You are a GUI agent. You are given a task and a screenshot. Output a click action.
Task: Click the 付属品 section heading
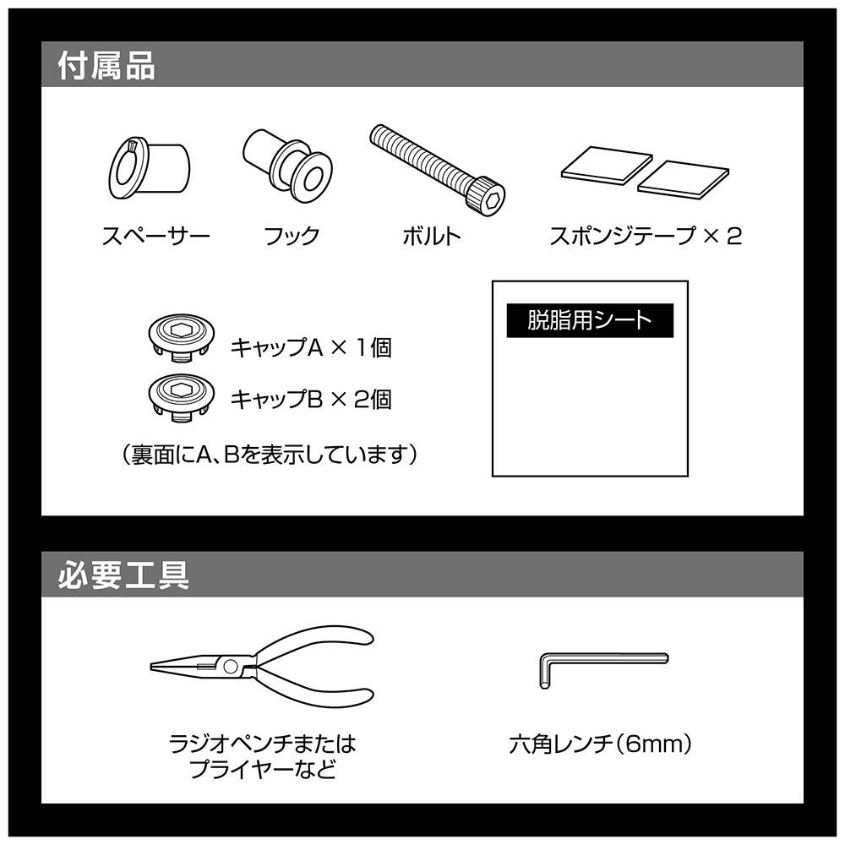pos(106,66)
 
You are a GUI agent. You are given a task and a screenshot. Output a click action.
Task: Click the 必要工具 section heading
pos(123,575)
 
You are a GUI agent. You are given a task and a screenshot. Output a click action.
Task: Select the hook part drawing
pos(287,165)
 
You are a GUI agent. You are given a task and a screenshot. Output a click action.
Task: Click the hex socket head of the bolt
pos(487,198)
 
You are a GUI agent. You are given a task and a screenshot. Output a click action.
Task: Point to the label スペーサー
pos(155,236)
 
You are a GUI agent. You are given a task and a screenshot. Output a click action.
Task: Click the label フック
pos(292,236)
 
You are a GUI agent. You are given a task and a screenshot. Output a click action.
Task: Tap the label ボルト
pos(432,236)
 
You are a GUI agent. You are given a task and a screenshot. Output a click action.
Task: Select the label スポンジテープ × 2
pos(645,236)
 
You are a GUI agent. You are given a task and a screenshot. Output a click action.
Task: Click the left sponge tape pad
pos(606,165)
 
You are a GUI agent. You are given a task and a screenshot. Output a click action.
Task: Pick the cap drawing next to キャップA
pos(182,338)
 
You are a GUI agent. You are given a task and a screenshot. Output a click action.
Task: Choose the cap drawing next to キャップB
pos(182,396)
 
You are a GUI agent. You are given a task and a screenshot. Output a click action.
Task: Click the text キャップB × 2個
pos(311,400)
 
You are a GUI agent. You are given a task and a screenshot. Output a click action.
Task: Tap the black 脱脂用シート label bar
pos(590,320)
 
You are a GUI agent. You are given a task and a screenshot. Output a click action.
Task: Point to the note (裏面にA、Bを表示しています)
pos(270,455)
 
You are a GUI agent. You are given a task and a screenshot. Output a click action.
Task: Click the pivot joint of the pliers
pos(231,667)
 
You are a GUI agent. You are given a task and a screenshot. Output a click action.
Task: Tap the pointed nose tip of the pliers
pos(152,667)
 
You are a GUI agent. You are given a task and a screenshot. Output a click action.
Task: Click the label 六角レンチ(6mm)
pos(600,744)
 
